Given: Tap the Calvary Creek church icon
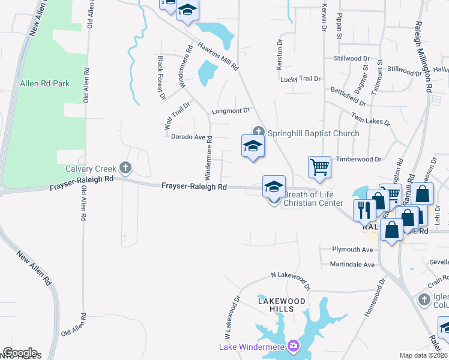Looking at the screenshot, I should (x=125, y=167).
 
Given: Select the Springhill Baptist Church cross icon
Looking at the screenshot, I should (x=259, y=131).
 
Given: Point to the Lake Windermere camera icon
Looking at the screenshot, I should (x=293, y=345).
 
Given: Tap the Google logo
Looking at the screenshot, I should (x=20, y=353).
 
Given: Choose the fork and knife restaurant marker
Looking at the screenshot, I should (x=364, y=209).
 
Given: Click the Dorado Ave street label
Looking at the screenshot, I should (x=188, y=137).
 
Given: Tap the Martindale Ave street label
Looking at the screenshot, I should (x=352, y=264).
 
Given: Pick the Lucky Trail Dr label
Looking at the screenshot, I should (x=300, y=79).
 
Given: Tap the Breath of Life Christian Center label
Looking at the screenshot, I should (x=313, y=199).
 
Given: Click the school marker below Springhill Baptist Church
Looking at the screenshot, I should (x=253, y=147).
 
